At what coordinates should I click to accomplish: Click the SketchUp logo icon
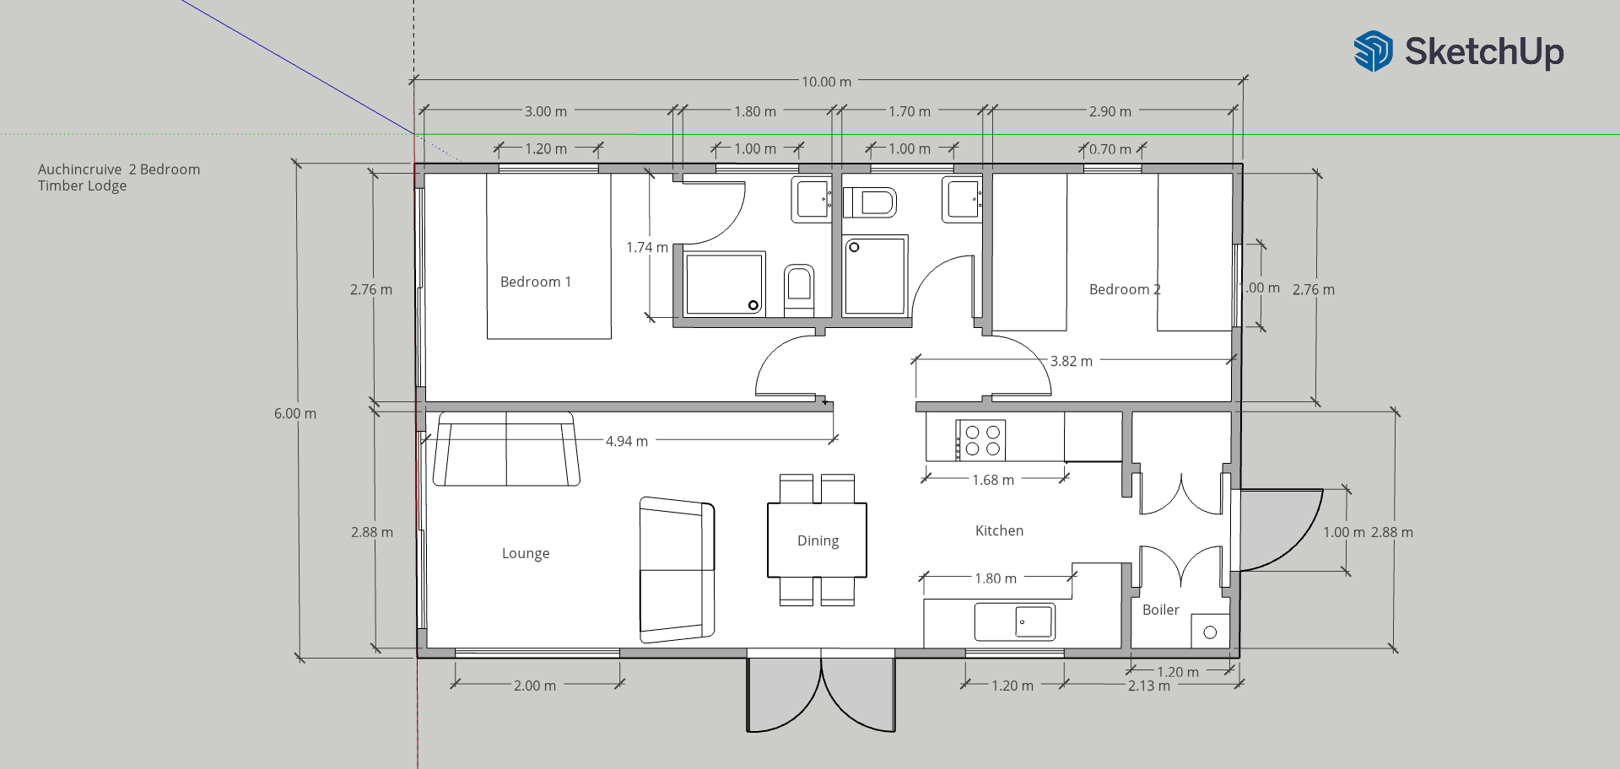(x=1373, y=51)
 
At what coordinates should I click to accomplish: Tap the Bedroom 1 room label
(x=536, y=282)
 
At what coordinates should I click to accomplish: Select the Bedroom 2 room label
(x=1125, y=289)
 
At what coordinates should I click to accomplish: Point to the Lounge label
(x=526, y=553)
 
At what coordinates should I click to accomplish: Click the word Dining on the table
(x=818, y=540)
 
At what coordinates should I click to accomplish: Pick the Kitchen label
(x=999, y=530)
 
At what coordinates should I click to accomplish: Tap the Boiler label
(x=1160, y=610)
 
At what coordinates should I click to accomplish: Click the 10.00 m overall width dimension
(x=826, y=82)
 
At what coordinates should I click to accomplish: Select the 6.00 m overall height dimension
(x=295, y=413)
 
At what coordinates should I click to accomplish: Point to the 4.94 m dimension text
(x=627, y=441)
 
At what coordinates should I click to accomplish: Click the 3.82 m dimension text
(x=1072, y=361)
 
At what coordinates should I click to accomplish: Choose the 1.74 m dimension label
(x=647, y=247)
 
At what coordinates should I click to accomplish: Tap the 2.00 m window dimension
(x=535, y=686)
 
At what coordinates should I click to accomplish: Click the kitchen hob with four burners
(x=980, y=440)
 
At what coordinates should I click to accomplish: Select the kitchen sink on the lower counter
(x=1014, y=622)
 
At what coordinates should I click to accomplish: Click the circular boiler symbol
(x=1210, y=632)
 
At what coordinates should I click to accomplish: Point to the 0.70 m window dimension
(x=1110, y=149)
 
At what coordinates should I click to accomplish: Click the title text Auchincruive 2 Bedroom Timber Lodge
(x=119, y=177)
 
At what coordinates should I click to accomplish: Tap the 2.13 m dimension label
(x=1149, y=686)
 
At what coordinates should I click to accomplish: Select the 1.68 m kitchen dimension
(x=993, y=480)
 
